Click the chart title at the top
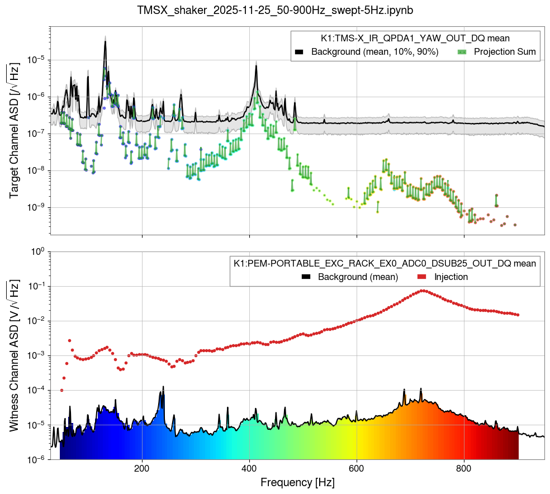pos(275,10)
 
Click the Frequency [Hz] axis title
pos(297,482)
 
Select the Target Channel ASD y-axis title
pos(14,131)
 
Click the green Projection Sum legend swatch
pos(462,52)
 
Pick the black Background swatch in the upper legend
pos(300,52)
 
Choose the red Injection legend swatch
pos(421,277)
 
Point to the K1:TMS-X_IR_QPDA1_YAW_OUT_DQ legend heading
pos(415,38)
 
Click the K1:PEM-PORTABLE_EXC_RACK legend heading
pos(385,263)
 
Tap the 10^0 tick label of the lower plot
pos(37,251)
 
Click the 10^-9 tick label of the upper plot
pos(37,208)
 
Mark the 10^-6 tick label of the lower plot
pos(37,459)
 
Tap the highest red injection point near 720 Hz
pos(423,291)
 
